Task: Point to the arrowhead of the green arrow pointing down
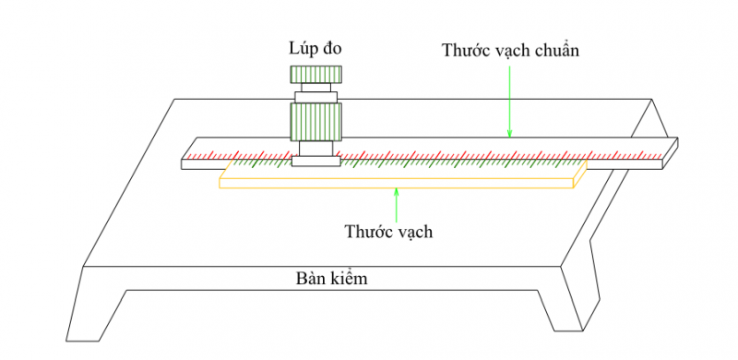pos(508,134)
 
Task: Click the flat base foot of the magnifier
pos(316,162)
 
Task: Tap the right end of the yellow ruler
pos(579,174)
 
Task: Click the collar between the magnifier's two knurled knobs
pos(316,95)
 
